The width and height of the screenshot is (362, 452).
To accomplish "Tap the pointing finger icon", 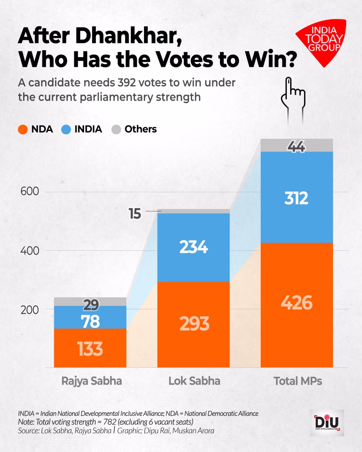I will pos(293,96).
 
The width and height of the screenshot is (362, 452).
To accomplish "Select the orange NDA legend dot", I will pos(23,129).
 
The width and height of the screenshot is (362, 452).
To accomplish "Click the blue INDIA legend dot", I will pos(66,129).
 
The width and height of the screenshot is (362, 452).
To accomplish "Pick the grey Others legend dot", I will pos(116,129).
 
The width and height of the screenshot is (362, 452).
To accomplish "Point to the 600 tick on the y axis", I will pos(30,192).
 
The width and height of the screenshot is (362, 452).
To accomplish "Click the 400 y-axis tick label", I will pos(30,251).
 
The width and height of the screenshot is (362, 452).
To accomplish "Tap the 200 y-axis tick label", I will pos(30,310).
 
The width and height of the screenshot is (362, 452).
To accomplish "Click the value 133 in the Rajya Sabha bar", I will pos(90,349).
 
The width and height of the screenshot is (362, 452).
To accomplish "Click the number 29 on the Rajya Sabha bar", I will pos(91,305).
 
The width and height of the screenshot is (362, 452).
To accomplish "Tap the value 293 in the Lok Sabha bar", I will pos(194,324).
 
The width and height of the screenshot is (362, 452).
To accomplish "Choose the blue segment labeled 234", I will pos(193,247).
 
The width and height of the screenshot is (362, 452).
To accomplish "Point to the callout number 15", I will pos(135,214).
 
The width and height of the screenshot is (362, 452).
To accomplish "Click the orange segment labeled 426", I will pos(297,303).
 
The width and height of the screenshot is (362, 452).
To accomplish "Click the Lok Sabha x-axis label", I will pos(194,381).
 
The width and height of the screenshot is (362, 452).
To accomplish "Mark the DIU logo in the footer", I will pos(327,423).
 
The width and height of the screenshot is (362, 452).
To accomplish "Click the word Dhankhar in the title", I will pos(128,36).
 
